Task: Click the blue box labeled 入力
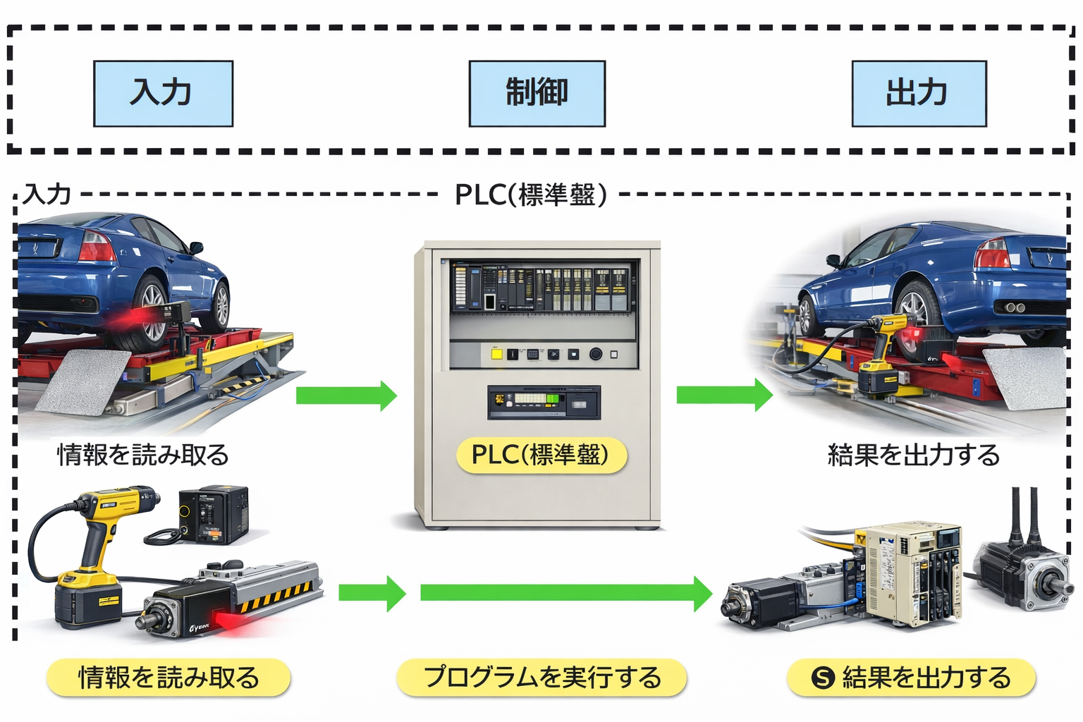163,93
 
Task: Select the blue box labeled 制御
537,93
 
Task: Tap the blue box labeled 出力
918,93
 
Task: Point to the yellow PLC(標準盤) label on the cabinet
541,455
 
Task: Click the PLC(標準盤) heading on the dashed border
530,195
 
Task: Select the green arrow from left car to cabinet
345,395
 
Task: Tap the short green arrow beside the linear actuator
372,593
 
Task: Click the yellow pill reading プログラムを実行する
541,678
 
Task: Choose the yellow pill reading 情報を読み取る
169,678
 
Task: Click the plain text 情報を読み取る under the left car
143,455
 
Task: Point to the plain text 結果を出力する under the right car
913,455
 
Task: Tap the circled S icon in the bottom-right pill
822,678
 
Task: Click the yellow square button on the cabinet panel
496,354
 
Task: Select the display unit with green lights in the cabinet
544,402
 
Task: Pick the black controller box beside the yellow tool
213,515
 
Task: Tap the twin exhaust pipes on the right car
1014,307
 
